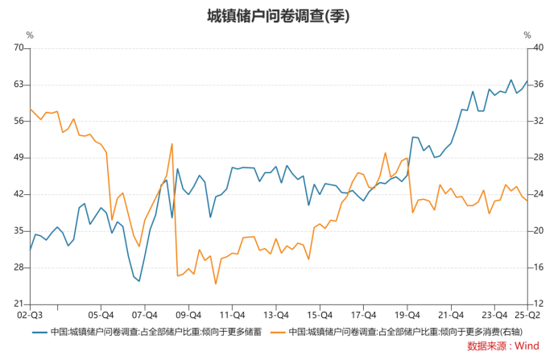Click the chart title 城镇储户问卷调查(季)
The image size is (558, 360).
[279, 15]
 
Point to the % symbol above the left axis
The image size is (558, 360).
[30, 35]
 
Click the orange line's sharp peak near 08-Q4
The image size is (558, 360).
[172, 144]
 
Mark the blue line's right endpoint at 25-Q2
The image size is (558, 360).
[527, 81]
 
